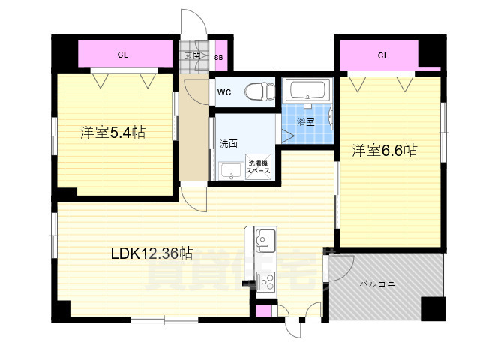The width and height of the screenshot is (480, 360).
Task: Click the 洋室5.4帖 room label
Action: [x=112, y=133]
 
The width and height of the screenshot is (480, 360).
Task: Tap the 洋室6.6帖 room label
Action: [x=385, y=151]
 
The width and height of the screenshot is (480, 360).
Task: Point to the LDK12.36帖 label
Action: [x=152, y=253]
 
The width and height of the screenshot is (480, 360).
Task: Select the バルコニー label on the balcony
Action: [x=382, y=284]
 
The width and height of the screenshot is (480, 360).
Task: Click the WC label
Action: [x=223, y=93]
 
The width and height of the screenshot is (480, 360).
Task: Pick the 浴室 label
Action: [x=305, y=121]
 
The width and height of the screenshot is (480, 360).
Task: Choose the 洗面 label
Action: [x=228, y=142]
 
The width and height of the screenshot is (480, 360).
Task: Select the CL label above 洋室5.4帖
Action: [x=121, y=55]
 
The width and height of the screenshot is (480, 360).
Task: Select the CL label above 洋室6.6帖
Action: [x=382, y=55]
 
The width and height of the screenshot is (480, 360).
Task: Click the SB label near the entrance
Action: [x=218, y=57]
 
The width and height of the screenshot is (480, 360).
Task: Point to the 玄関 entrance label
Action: [x=192, y=55]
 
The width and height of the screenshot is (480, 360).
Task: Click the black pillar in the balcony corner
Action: [x=431, y=308]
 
